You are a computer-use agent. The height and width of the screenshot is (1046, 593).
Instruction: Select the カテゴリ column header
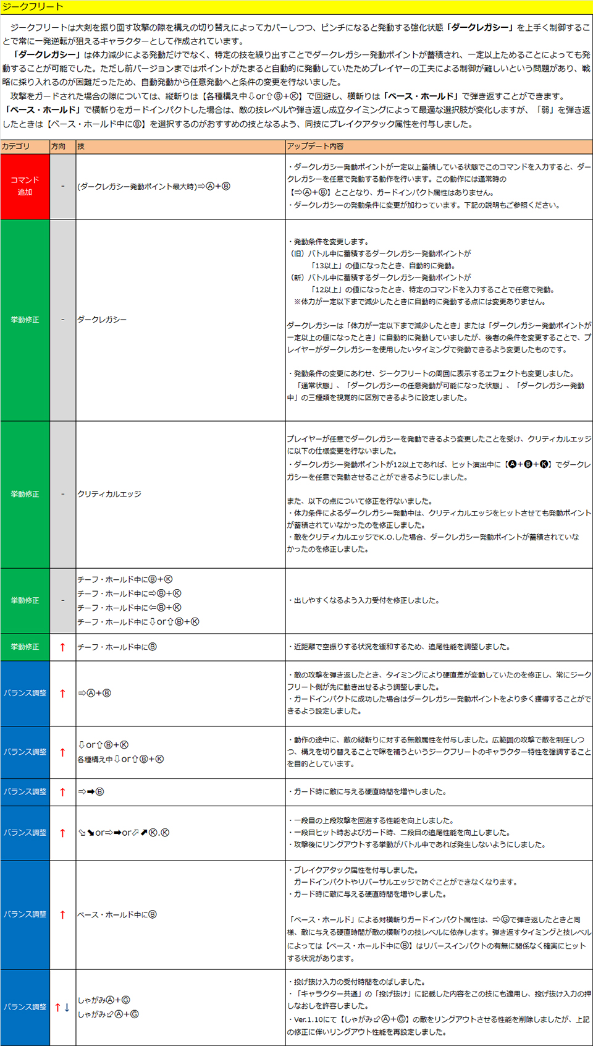(16, 147)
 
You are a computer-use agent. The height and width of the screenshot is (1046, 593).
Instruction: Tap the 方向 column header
(58, 147)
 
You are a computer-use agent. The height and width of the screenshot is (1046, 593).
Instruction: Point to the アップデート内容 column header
(315, 147)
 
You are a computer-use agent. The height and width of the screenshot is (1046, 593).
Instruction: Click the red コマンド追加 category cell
(25, 186)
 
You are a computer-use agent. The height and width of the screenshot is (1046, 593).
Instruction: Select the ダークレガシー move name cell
(102, 320)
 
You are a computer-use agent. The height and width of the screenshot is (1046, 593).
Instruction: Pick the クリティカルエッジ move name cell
(109, 494)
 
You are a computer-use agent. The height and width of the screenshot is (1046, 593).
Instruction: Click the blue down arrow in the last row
(67, 1008)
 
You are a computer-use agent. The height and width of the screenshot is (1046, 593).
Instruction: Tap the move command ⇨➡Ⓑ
(91, 792)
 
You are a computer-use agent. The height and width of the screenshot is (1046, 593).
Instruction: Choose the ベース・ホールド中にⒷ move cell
(117, 914)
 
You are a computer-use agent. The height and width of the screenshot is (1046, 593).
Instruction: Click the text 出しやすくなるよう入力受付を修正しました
(364, 600)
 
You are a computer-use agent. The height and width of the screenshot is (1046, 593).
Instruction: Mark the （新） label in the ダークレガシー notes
(298, 278)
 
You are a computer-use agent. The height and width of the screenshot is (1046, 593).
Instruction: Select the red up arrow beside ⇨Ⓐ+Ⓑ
(62, 694)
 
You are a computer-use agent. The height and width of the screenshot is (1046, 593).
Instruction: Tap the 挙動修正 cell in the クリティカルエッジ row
(25, 494)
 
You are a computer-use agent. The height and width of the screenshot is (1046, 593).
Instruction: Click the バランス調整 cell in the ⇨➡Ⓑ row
(25, 792)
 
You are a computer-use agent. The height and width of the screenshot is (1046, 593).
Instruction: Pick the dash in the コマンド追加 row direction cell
(62, 186)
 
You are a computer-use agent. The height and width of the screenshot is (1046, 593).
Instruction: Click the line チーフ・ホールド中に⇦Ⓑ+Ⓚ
(129, 608)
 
